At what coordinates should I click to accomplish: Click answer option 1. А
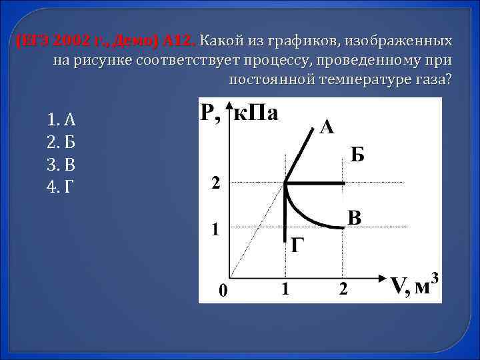coord(61,121)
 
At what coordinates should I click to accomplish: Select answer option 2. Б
coord(61,143)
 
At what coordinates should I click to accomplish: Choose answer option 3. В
coord(61,165)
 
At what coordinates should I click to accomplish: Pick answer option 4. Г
coord(61,187)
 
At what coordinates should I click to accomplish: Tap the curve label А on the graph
coord(327,126)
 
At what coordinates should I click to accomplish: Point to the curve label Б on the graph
coord(358,155)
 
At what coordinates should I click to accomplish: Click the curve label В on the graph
coord(355,218)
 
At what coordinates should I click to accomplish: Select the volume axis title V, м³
coord(413,286)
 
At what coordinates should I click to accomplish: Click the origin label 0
coord(223,290)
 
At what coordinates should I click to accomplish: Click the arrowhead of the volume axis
coord(385,276)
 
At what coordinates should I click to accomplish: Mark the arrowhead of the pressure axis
coord(230,107)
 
